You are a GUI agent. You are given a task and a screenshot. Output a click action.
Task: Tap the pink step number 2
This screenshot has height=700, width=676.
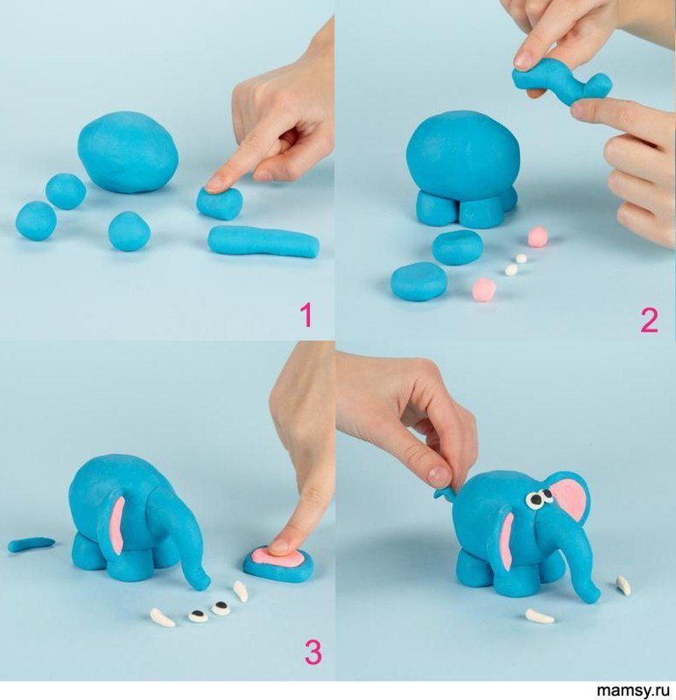(x=649, y=320)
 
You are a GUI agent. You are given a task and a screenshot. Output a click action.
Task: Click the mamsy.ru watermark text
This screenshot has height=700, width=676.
(x=634, y=690)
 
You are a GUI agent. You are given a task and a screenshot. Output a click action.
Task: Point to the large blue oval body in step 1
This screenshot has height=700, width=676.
(x=128, y=151)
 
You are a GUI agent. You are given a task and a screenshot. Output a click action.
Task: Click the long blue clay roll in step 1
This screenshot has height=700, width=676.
(x=264, y=241)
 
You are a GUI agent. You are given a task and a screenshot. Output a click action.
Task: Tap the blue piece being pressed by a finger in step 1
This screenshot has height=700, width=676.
(x=220, y=203)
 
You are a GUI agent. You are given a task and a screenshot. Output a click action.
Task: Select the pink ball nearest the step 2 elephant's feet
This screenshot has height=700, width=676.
(x=538, y=236)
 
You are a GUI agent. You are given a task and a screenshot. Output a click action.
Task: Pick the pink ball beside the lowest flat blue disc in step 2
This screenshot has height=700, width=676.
(x=484, y=288)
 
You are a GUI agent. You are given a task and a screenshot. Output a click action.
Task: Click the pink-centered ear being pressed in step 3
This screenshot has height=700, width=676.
(x=278, y=561)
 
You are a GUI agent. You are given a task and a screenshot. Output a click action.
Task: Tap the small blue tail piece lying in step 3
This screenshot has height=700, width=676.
(x=31, y=543)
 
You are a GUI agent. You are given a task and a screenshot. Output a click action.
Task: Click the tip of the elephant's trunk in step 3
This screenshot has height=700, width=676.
(x=202, y=582)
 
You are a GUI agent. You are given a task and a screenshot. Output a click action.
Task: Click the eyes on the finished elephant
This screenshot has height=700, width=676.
(x=539, y=497)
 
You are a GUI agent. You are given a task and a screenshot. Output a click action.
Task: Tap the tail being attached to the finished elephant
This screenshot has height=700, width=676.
(x=444, y=492)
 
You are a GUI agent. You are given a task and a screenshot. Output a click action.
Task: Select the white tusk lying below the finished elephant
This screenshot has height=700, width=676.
(x=539, y=617)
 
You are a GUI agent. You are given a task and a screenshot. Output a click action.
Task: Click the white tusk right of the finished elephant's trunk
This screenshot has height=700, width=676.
(x=623, y=585)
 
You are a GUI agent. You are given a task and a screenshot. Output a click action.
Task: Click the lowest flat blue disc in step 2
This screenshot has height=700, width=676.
(x=419, y=281)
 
